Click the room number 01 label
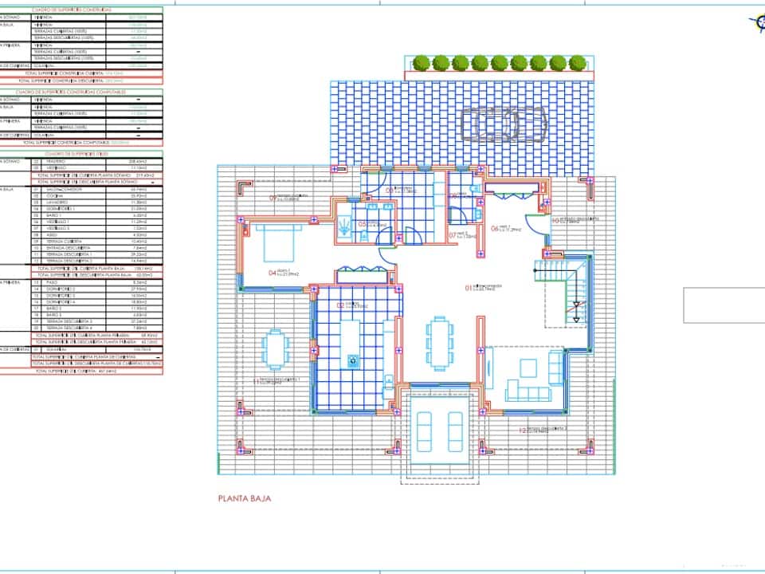469,287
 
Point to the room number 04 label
273,273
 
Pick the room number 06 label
495,229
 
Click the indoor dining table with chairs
438,342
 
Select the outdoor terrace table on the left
275,349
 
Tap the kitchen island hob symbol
352,360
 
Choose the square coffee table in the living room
528,368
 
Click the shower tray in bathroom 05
344,223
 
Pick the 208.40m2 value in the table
138,161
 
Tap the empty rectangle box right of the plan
724,305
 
